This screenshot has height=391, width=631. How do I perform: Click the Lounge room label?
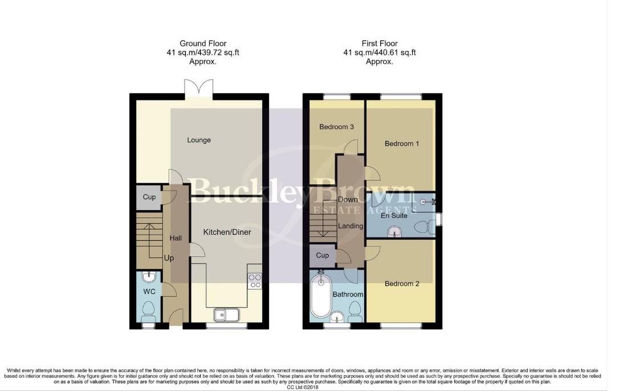tap(198, 140)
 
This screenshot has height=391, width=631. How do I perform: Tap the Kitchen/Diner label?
tap(227, 232)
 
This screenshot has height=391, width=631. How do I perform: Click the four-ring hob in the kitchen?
tap(255, 280)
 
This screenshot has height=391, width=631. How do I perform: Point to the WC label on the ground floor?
tap(149, 292)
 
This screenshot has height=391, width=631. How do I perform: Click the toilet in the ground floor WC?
tap(149, 311)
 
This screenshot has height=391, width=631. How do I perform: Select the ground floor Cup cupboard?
tap(149, 197)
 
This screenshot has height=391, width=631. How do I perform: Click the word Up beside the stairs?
tap(169, 259)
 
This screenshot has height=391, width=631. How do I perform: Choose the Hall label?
tap(176, 238)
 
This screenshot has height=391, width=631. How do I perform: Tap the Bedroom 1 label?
tap(401, 144)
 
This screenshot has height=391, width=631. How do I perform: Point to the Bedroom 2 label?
tap(401, 284)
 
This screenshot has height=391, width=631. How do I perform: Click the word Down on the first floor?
tap(347, 200)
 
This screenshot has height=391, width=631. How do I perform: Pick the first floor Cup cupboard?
tap(322, 255)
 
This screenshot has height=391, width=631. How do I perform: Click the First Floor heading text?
tap(379, 43)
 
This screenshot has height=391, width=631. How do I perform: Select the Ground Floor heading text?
tap(203, 43)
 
